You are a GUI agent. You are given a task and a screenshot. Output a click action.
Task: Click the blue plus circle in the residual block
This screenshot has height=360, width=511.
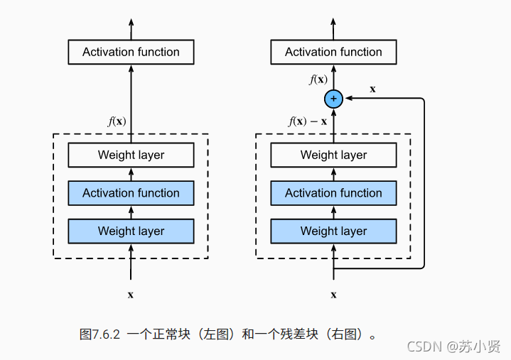click(x=333, y=99)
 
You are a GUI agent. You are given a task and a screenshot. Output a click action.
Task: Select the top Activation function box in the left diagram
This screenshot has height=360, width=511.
click(x=131, y=52)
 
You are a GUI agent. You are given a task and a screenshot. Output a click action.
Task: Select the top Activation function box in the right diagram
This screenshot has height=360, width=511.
click(x=333, y=52)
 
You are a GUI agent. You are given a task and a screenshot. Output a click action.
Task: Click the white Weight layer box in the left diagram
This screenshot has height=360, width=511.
click(x=131, y=155)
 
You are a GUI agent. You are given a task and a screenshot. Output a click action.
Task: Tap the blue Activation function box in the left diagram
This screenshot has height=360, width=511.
click(x=131, y=193)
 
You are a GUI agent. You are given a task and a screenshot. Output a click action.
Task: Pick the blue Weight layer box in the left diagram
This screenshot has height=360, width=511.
click(x=131, y=231)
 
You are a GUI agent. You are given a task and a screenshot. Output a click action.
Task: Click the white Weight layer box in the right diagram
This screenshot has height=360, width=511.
click(x=333, y=155)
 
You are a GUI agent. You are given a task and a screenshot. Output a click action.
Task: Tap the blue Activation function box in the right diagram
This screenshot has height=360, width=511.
click(x=333, y=193)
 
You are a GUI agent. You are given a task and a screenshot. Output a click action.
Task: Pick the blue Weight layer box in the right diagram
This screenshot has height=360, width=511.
click(x=333, y=231)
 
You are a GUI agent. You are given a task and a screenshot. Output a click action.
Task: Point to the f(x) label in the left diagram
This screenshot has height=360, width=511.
click(x=117, y=121)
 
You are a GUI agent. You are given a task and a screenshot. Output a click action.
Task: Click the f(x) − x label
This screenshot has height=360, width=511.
click(x=308, y=121)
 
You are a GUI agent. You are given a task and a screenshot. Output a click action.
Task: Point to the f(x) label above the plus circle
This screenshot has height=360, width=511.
click(x=318, y=80)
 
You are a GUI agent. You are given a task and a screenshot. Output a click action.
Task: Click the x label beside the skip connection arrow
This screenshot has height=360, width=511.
click(x=372, y=89)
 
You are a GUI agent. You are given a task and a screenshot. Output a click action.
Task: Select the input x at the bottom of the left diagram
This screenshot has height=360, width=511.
click(x=131, y=294)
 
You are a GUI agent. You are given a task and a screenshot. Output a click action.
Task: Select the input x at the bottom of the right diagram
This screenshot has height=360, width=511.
click(x=333, y=294)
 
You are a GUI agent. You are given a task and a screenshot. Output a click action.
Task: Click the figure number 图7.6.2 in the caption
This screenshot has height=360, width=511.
click(x=101, y=334)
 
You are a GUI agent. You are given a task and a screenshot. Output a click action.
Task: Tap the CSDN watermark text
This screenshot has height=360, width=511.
click(x=424, y=347)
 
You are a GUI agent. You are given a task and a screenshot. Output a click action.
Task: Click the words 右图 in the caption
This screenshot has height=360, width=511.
click(x=346, y=334)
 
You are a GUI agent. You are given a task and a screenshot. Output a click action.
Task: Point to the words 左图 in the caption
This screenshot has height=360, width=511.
click(x=218, y=334)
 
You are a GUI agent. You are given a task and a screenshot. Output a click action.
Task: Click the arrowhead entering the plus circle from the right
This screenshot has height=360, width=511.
click(x=347, y=99)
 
